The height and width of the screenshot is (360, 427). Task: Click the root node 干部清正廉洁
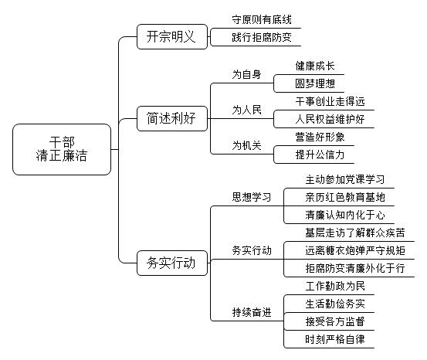tap(62, 149)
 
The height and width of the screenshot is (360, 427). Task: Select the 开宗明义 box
tap(172, 36)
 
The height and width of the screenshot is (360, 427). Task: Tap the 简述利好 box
tap(172, 118)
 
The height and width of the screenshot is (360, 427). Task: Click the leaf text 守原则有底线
tap(262, 19)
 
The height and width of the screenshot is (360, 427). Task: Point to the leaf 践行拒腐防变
tap(262, 37)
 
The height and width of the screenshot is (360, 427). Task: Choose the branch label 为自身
tap(247, 74)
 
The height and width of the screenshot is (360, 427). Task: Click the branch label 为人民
tap(247, 110)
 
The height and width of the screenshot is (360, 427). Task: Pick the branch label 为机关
tap(247, 145)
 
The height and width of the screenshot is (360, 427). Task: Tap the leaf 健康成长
tap(315, 66)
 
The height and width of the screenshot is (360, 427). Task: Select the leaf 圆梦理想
tap(315, 83)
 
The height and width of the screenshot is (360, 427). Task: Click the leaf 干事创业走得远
tap(330, 102)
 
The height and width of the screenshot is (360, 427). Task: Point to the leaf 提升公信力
tap(320, 155)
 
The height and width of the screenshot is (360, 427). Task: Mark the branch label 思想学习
tap(252, 197)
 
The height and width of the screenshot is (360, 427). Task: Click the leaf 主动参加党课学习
tap(345, 179)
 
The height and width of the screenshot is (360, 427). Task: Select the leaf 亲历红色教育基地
tap(345, 197)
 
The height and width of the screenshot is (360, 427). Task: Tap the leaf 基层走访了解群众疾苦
tap(355, 233)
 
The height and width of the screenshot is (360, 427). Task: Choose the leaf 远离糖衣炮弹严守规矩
tap(355, 251)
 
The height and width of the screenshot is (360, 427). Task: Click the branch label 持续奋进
tap(252, 312)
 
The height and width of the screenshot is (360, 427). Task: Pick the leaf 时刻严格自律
tap(335, 340)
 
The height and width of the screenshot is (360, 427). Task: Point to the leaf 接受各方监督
tap(335, 322)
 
